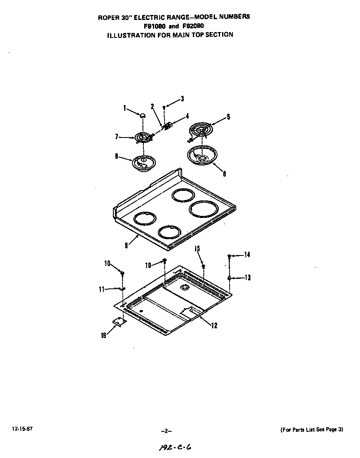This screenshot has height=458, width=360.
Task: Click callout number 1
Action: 125,108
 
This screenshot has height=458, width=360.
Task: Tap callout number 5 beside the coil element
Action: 228,117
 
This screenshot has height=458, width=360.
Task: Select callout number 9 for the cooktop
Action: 126,245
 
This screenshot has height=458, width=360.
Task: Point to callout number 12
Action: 214,326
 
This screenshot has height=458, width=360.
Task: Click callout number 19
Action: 103,335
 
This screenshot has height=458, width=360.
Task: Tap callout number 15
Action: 197,249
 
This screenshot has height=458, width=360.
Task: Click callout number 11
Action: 102,290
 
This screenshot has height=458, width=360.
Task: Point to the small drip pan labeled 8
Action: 143,163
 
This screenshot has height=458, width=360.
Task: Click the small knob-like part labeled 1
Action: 142,115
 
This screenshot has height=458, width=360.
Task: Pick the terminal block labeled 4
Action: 168,126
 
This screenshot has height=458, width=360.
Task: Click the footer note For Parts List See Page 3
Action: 311,429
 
